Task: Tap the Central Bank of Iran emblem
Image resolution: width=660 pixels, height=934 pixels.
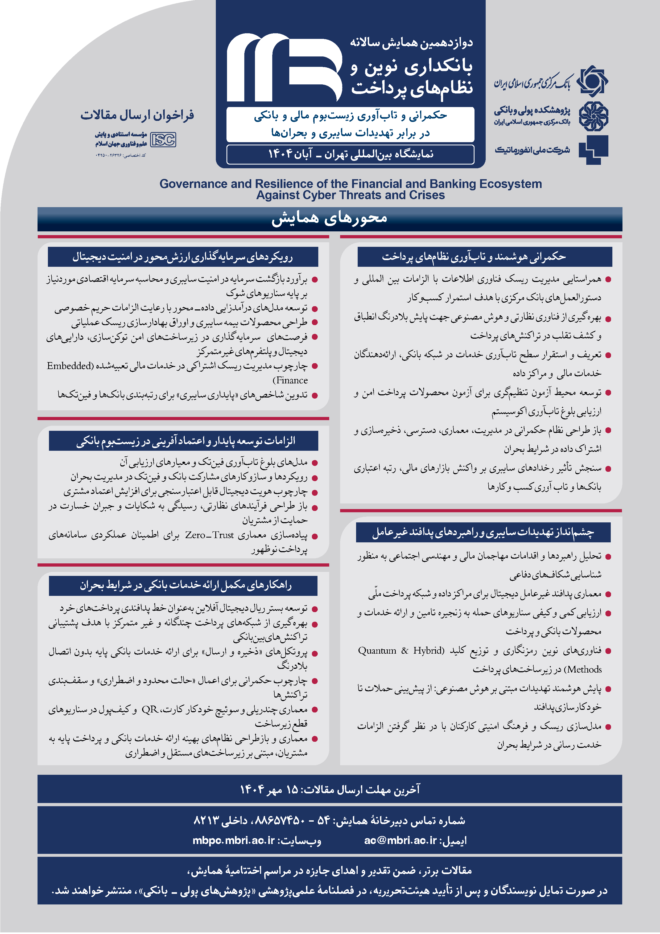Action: (x=593, y=81)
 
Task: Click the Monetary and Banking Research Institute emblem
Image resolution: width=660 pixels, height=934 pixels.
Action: (x=593, y=116)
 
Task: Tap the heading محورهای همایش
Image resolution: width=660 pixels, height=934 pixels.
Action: (x=329, y=218)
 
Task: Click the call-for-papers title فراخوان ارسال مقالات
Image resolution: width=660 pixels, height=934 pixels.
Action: (x=137, y=115)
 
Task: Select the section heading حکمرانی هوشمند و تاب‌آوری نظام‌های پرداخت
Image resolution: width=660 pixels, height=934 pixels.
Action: (x=473, y=257)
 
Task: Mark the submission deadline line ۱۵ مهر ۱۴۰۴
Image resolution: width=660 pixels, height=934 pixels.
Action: (x=329, y=790)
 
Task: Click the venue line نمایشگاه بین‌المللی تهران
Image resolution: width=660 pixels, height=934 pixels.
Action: (x=350, y=154)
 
